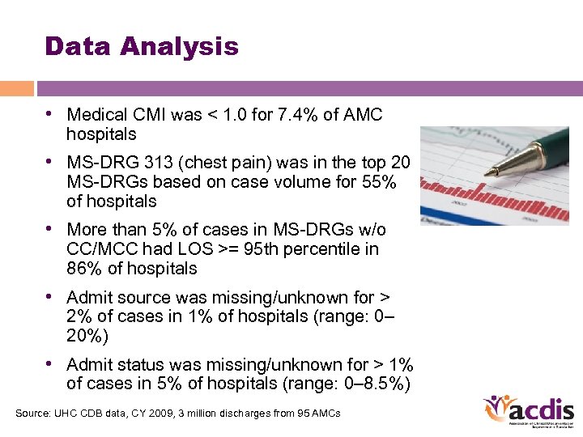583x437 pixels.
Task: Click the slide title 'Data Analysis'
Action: [142, 46]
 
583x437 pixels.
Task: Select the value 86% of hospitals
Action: [84, 269]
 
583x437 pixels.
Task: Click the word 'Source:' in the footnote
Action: [33, 414]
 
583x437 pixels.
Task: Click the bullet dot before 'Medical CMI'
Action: [50, 115]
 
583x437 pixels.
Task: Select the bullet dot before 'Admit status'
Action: [50, 364]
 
